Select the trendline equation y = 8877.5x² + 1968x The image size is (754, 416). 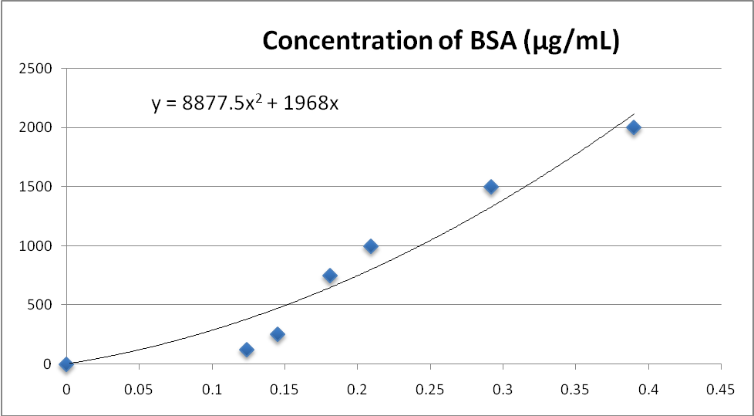[244, 103]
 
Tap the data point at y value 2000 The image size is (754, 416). [634, 127]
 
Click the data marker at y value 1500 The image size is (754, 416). [491, 187]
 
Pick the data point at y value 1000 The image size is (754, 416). [371, 246]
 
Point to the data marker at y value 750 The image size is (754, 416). [330, 276]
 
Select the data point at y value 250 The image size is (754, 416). [278, 334]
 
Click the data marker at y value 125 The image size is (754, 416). [247, 350]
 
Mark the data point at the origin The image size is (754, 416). [66, 364]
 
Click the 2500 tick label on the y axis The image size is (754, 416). [37, 69]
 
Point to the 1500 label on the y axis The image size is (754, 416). [37, 187]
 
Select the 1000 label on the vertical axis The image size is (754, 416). [37, 246]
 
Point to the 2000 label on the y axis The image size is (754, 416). [37, 127]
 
